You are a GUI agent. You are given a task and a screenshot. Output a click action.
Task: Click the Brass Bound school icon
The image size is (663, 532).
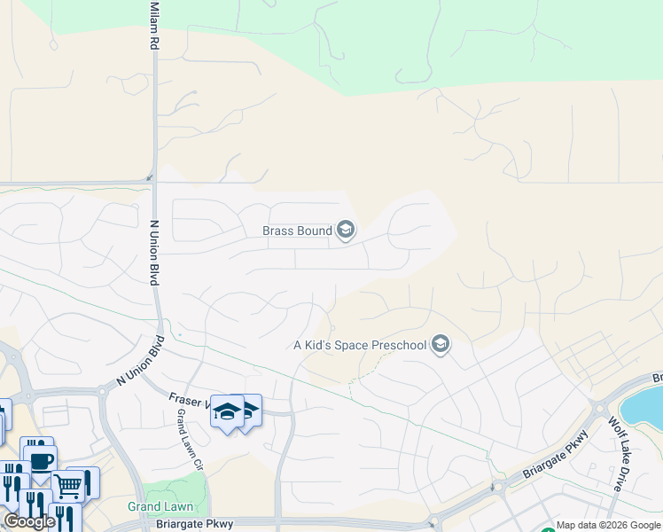pos(346,231)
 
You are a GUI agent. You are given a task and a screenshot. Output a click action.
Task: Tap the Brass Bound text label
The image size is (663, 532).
pos(297,231)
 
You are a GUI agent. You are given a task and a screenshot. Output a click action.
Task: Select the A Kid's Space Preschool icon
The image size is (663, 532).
pos(441,345)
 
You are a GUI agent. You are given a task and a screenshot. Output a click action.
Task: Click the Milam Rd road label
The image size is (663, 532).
pos(154,25)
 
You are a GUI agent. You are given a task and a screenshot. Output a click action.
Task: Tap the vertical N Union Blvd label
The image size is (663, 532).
pos(153,253)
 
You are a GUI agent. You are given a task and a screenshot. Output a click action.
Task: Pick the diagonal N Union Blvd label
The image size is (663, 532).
pos(141,361)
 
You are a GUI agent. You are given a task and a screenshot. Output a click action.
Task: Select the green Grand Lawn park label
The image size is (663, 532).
pos(160,507)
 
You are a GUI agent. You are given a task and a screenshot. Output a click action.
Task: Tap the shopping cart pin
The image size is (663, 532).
pos(69,484)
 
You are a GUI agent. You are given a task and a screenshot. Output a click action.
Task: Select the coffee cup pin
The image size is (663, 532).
pos(41,460)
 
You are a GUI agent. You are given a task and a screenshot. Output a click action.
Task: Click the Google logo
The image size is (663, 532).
pos(29,521)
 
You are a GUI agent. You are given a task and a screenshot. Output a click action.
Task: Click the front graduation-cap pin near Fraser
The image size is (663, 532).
pos(227,411)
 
